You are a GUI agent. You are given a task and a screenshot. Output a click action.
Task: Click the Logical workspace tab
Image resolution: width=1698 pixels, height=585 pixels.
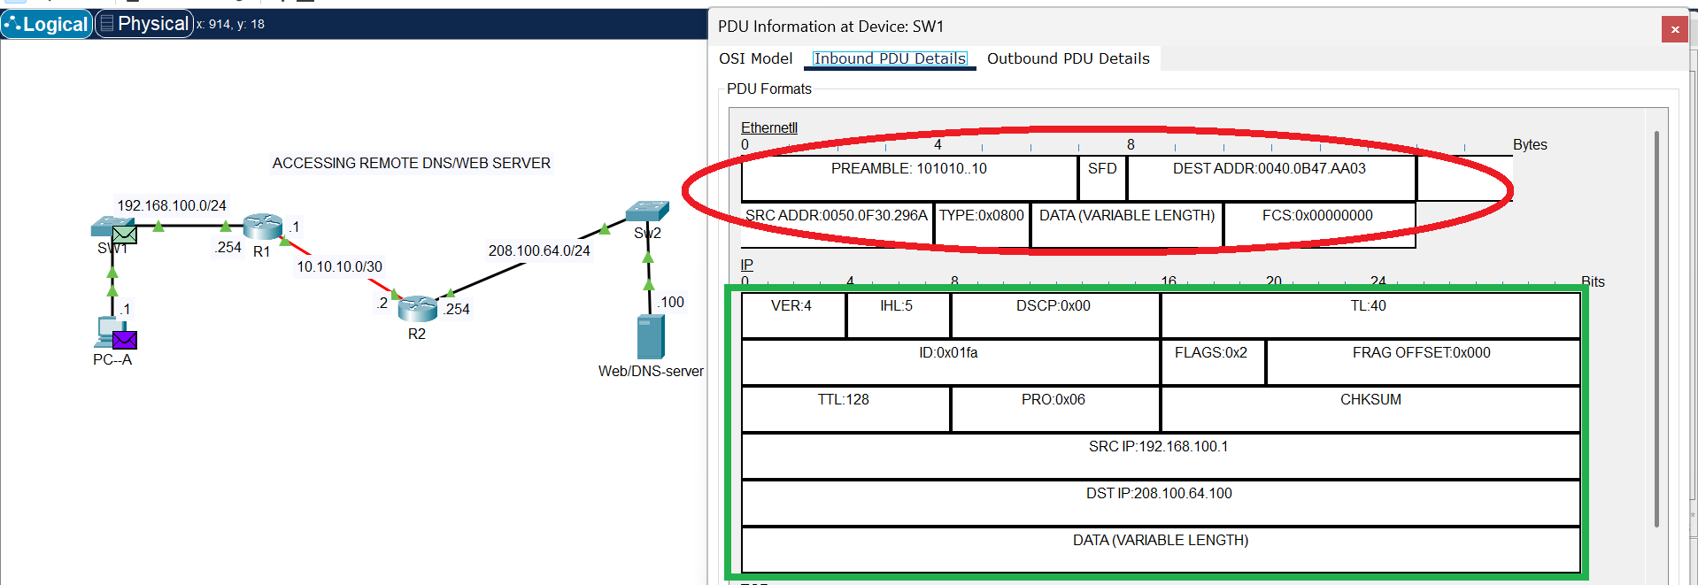pos(47,24)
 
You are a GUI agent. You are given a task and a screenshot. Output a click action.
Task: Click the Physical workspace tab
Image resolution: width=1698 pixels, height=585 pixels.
pos(144,24)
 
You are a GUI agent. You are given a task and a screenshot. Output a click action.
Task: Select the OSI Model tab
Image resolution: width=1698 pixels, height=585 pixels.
pos(755,58)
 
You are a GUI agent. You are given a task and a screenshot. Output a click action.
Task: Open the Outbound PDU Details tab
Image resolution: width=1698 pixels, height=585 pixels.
pos(1068,58)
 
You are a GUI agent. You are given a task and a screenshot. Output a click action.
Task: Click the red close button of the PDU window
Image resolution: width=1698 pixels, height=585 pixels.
pos(1674,29)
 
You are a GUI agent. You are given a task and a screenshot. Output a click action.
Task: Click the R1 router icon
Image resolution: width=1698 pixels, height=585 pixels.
pos(262,226)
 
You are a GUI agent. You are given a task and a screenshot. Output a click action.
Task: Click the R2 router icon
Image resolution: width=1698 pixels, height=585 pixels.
pos(417,309)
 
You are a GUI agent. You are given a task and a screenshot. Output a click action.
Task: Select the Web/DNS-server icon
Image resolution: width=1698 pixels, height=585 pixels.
pos(651,337)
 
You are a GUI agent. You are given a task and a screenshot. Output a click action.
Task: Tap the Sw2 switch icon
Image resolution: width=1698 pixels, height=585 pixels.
pos(647,212)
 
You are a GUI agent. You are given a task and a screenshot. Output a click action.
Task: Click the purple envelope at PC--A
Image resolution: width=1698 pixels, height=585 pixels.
pos(125,340)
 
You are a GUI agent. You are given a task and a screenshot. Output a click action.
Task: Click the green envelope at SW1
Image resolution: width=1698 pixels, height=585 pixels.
pos(125,235)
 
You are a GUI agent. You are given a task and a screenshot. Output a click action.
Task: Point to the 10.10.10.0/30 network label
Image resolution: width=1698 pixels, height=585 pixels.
pos(339,266)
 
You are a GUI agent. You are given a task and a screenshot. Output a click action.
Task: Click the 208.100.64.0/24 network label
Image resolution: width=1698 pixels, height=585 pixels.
pos(538,250)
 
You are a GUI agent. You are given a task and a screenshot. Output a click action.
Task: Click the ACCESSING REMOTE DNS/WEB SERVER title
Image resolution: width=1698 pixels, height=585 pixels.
pos(411,163)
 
